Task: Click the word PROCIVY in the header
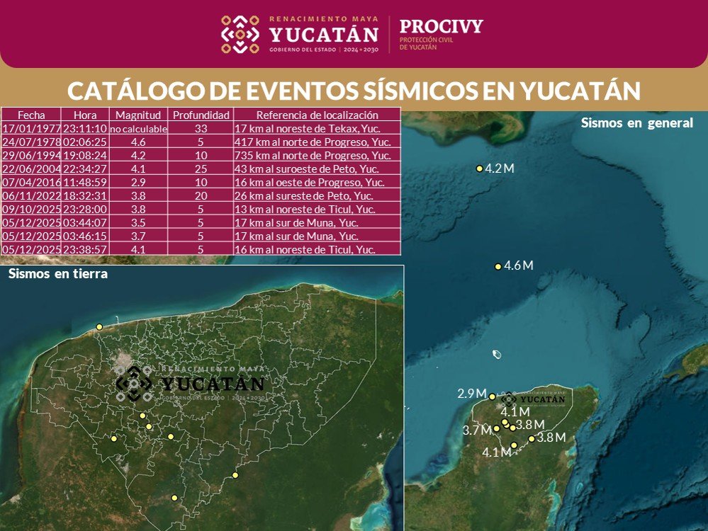441,27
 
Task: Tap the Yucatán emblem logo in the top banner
240,34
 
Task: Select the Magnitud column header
138,115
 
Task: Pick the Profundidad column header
201,115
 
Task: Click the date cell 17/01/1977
30,129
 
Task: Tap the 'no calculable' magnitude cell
138,129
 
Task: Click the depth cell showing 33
201,129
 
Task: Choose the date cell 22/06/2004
30,169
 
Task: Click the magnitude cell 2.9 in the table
138,182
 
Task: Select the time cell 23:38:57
84,249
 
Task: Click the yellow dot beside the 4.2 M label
480,169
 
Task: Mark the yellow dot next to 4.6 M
498,266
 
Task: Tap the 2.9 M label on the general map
471,394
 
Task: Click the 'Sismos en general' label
636,122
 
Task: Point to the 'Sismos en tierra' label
58,274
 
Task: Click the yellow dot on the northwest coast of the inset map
100,326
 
